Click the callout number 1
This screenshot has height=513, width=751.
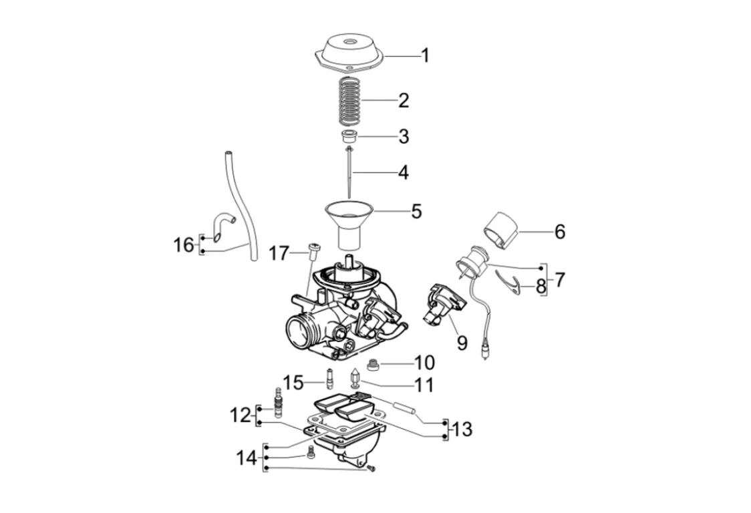point(425,55)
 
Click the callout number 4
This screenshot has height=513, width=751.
point(402,173)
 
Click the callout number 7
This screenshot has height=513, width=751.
point(559,280)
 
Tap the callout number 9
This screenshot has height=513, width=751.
point(462,343)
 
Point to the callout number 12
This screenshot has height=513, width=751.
point(239,416)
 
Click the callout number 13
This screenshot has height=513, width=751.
point(462,429)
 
